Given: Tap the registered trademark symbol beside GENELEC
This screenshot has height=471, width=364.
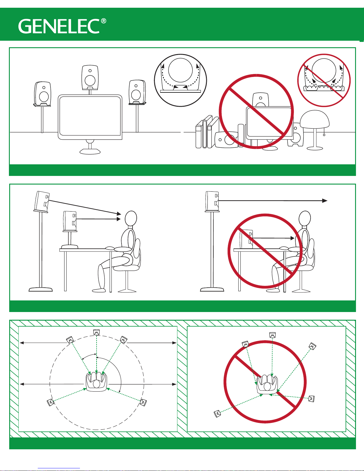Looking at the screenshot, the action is coord(104,21).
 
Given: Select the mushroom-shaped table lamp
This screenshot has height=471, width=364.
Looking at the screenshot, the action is coord(315,130).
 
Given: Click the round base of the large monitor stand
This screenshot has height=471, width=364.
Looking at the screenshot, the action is coord(90,151).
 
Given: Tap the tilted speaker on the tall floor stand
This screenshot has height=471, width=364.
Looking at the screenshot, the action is coord(42,201).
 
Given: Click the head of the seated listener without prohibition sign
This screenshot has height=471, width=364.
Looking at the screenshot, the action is coord(131,218).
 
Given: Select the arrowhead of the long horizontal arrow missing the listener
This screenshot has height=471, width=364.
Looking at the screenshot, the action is coord(324,201).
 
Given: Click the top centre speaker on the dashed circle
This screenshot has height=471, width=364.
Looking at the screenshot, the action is coord(96,332).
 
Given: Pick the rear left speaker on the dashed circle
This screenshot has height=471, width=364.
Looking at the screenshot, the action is coord(50,402).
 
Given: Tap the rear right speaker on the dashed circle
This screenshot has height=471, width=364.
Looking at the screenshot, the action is coord(143,402).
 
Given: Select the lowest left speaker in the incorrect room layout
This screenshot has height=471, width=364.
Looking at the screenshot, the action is coord(217,414).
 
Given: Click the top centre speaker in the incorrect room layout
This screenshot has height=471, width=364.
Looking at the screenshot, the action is coord(272,335).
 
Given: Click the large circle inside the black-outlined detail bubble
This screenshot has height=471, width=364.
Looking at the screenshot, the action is coord(180,70).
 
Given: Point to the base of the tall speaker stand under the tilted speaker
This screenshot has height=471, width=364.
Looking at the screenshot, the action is coord(40,289).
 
